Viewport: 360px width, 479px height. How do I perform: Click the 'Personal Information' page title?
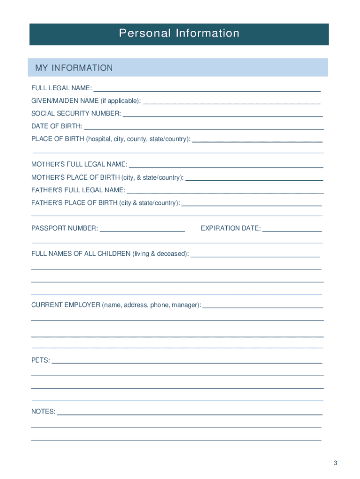(x=179, y=33)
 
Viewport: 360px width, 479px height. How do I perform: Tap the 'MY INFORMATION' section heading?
(x=74, y=68)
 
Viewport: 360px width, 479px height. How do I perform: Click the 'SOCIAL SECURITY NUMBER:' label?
(x=76, y=113)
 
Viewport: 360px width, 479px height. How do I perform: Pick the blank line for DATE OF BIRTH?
(x=204, y=128)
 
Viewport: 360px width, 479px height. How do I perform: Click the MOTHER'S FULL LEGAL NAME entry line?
(x=226, y=167)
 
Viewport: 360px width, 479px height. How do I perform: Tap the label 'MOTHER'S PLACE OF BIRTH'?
(x=75, y=177)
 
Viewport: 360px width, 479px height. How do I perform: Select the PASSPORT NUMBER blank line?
(x=143, y=231)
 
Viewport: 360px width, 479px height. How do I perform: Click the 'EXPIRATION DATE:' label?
(x=230, y=228)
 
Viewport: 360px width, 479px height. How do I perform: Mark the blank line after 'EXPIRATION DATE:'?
(x=292, y=231)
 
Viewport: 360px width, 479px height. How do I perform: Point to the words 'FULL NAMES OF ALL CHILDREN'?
(x=81, y=254)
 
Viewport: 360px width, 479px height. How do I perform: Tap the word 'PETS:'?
(x=41, y=361)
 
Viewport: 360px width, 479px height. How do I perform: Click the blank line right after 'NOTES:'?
(x=189, y=414)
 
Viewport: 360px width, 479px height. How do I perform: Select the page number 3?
(x=335, y=463)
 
